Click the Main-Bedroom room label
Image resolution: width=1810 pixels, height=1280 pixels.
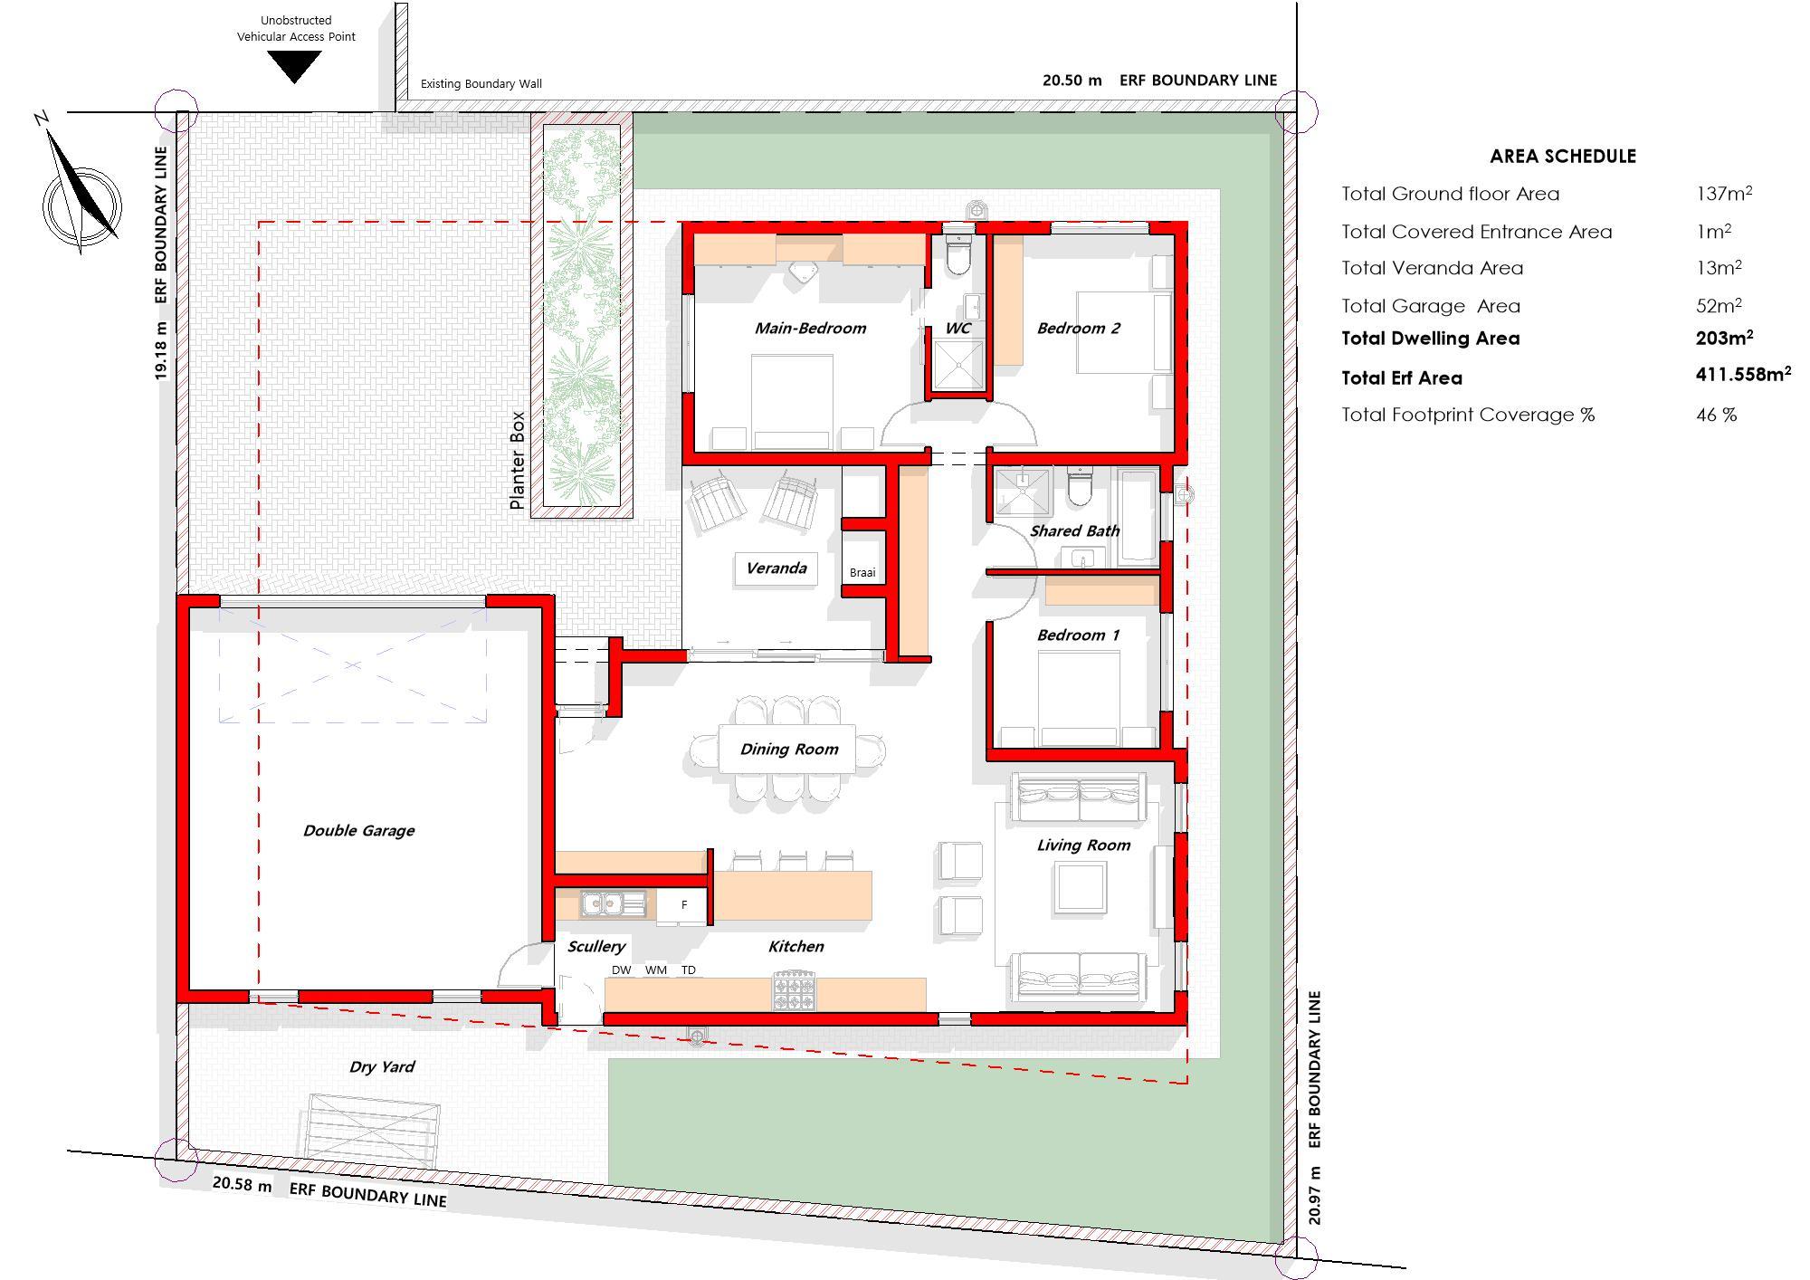(810, 328)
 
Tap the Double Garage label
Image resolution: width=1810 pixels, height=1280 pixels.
(358, 830)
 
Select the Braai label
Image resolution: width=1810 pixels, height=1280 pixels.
(862, 572)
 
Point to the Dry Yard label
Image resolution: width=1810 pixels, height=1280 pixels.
(382, 1066)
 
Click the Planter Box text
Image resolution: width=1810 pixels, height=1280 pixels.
(517, 460)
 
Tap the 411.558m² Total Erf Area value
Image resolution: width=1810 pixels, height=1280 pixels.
(1743, 373)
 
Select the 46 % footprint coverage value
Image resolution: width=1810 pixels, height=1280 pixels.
(1716, 415)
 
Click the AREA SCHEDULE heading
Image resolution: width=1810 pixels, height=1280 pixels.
(1563, 156)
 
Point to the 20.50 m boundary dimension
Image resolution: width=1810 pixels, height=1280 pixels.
(1072, 80)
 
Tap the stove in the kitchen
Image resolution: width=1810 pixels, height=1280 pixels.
(795, 990)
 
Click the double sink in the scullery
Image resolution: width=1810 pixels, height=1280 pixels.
(613, 903)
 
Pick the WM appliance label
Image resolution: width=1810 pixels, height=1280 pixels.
(656, 970)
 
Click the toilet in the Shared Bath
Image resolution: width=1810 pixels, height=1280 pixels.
(1080, 486)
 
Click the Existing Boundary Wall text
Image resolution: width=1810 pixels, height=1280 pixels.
(481, 84)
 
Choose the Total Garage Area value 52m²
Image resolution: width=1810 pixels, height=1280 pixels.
(1719, 305)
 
